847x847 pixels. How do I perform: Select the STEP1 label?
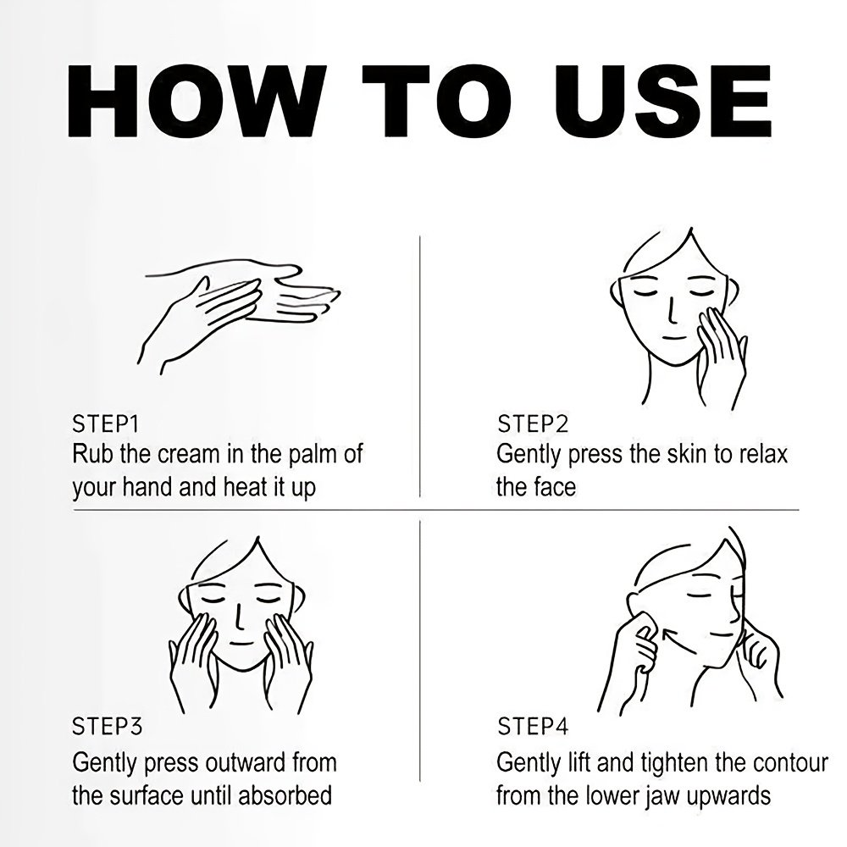[105, 424]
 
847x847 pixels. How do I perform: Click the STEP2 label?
[533, 424]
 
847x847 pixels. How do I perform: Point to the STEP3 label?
[107, 727]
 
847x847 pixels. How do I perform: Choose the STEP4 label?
[533, 727]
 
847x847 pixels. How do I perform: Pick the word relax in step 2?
[763, 454]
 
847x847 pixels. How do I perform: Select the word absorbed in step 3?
[285, 795]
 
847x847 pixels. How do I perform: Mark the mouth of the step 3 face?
[241, 643]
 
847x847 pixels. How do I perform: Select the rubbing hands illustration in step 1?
[241, 318]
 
